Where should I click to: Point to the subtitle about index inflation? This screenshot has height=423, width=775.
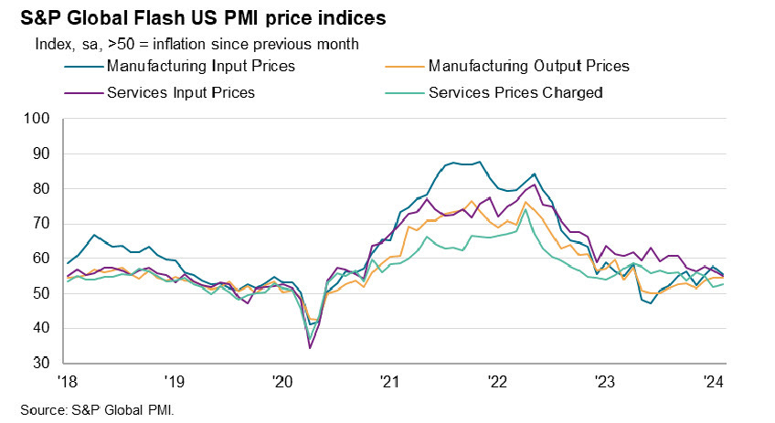point(196,44)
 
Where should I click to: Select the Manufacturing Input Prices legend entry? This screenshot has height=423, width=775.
point(201,66)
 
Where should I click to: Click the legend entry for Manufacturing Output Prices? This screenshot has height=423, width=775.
point(528,66)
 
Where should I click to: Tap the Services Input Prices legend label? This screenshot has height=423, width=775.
point(180,92)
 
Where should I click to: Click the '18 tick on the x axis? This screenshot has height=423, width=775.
point(67,380)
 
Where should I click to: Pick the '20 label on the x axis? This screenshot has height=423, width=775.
point(281,380)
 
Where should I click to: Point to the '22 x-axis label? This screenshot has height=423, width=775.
point(497,380)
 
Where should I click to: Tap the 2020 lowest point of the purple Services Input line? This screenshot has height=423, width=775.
point(311,348)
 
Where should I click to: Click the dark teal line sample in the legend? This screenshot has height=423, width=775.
point(84,66)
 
